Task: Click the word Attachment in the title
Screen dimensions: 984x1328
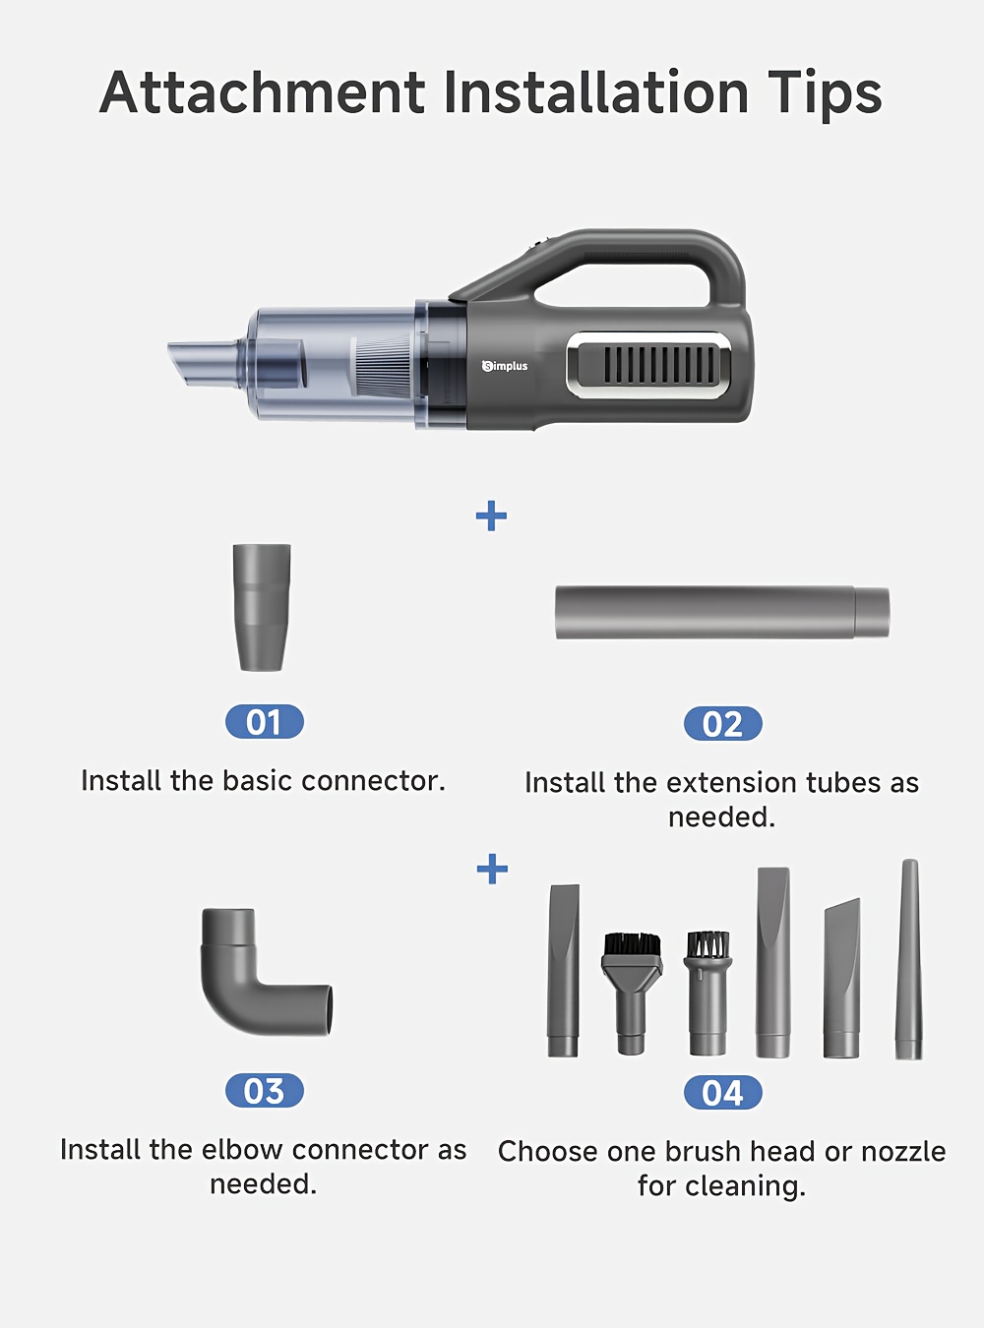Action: tap(262, 92)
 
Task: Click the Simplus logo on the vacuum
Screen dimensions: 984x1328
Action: tap(504, 366)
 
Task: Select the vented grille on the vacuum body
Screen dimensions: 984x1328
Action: tap(649, 365)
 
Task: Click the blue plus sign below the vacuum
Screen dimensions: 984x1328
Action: tap(491, 515)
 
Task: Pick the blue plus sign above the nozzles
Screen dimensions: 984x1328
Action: tap(492, 869)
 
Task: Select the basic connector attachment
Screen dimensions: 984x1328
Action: tap(262, 607)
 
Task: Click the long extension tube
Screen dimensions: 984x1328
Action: tap(721, 613)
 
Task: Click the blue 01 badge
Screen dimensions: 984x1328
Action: tap(264, 721)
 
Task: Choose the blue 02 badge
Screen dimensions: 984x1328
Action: tap(723, 723)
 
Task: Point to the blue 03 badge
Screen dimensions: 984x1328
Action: tap(264, 1091)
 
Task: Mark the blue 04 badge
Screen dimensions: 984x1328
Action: tap(723, 1093)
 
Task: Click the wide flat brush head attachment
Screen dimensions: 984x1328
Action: tap(632, 992)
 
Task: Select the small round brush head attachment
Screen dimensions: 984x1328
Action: tap(707, 992)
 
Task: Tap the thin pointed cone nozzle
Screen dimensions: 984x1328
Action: tap(909, 959)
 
